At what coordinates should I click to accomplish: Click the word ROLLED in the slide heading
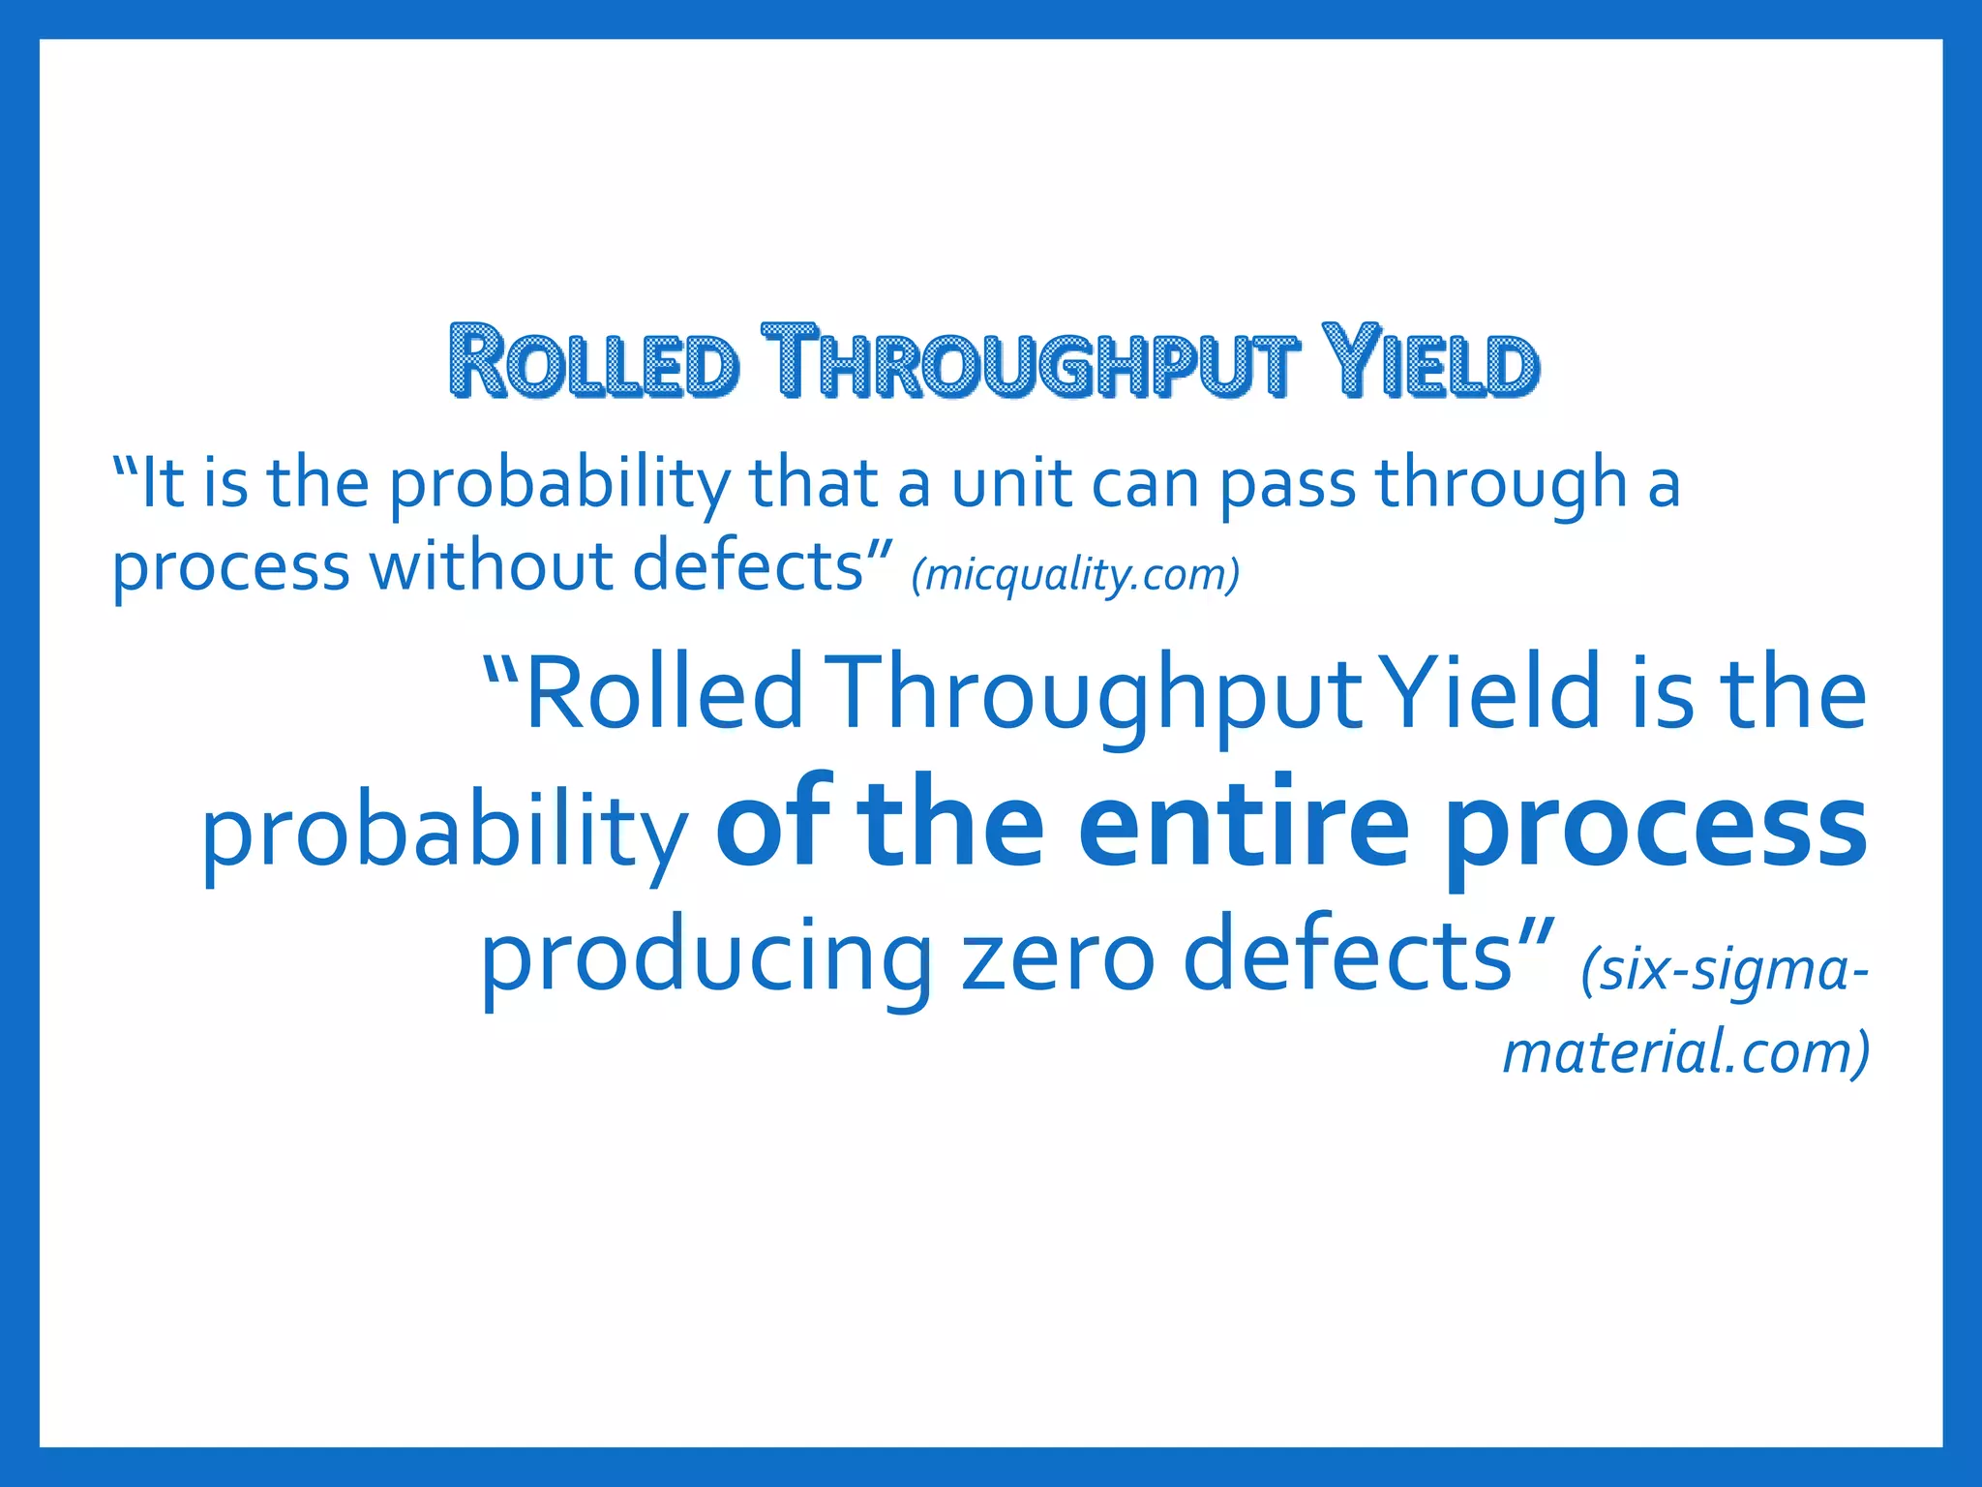pos(594,362)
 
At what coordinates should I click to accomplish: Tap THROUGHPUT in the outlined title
pos(1028,362)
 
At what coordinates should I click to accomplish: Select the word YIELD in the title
pos(1429,362)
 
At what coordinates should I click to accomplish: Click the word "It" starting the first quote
pos(162,483)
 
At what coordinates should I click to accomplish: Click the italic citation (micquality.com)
pos(1075,574)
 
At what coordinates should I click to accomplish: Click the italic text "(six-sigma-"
pos(1724,970)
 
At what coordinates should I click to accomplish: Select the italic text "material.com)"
pos(1685,1052)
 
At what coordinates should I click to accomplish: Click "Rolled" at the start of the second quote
pos(664,693)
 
